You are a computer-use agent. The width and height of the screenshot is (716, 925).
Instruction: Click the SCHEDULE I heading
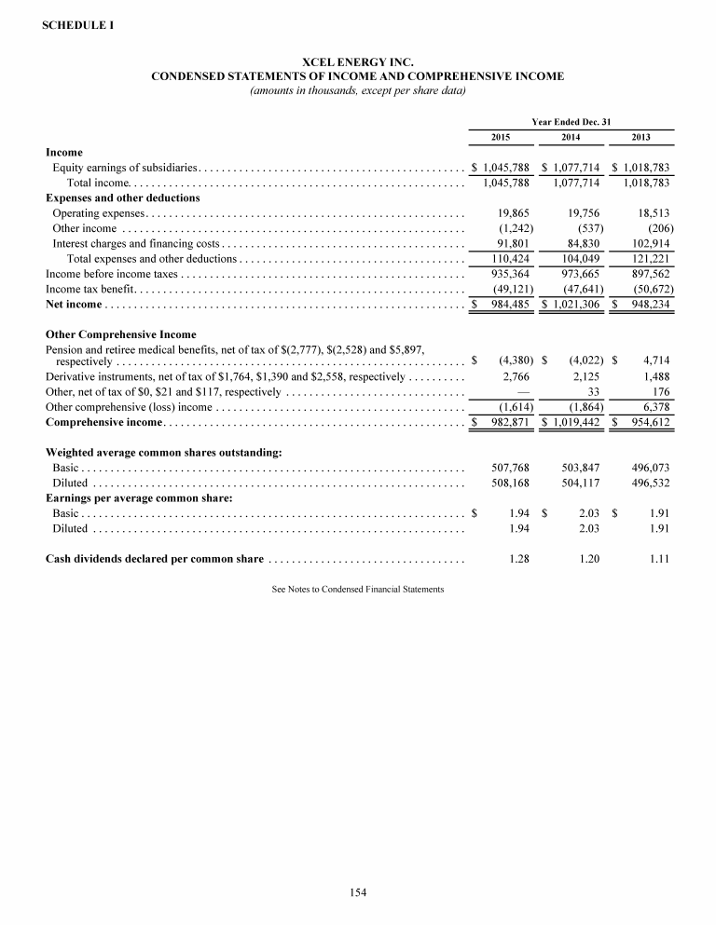pos(78,25)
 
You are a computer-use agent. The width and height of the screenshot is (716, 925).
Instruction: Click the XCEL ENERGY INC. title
pos(358,62)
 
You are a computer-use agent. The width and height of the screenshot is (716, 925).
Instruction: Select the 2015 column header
pos(500,137)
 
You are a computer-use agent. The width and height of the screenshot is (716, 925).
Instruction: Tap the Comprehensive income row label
pos(103,422)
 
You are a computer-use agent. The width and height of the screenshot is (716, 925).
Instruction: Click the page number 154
pos(358,892)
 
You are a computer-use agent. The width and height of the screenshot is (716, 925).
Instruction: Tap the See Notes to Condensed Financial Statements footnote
pos(358,590)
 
